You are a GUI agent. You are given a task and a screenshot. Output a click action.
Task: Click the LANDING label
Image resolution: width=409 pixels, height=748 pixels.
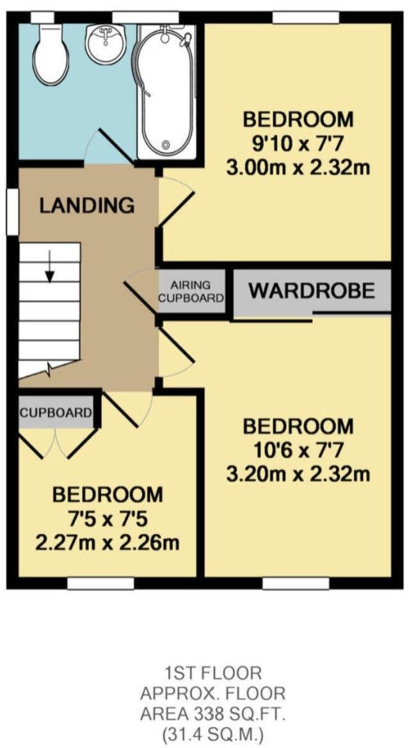click(87, 206)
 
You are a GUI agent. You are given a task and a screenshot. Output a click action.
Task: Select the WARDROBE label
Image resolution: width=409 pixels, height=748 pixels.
click(311, 291)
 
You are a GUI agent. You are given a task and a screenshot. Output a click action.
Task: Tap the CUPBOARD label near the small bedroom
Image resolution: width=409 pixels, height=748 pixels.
click(56, 413)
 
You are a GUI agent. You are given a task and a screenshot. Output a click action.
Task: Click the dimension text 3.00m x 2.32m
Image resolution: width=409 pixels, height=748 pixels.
click(298, 168)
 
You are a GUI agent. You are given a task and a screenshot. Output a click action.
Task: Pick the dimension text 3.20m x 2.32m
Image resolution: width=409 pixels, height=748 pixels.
click(298, 475)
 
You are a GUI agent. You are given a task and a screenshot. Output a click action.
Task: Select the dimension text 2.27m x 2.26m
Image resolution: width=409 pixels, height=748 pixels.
click(107, 543)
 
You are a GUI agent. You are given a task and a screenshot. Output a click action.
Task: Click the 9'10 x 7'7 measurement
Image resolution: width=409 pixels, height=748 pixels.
click(298, 144)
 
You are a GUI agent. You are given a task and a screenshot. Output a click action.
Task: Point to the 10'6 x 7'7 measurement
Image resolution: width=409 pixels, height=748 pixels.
click(298, 450)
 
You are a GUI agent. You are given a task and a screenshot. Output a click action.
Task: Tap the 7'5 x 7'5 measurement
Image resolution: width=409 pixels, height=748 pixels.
click(107, 519)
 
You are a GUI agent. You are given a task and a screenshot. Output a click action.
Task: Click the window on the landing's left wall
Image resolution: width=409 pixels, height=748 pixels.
click(11, 211)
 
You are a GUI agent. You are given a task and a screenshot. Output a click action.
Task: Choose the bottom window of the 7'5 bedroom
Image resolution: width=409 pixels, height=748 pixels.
click(100, 583)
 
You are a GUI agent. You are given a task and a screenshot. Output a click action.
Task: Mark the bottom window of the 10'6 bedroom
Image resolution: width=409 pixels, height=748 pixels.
click(296, 583)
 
